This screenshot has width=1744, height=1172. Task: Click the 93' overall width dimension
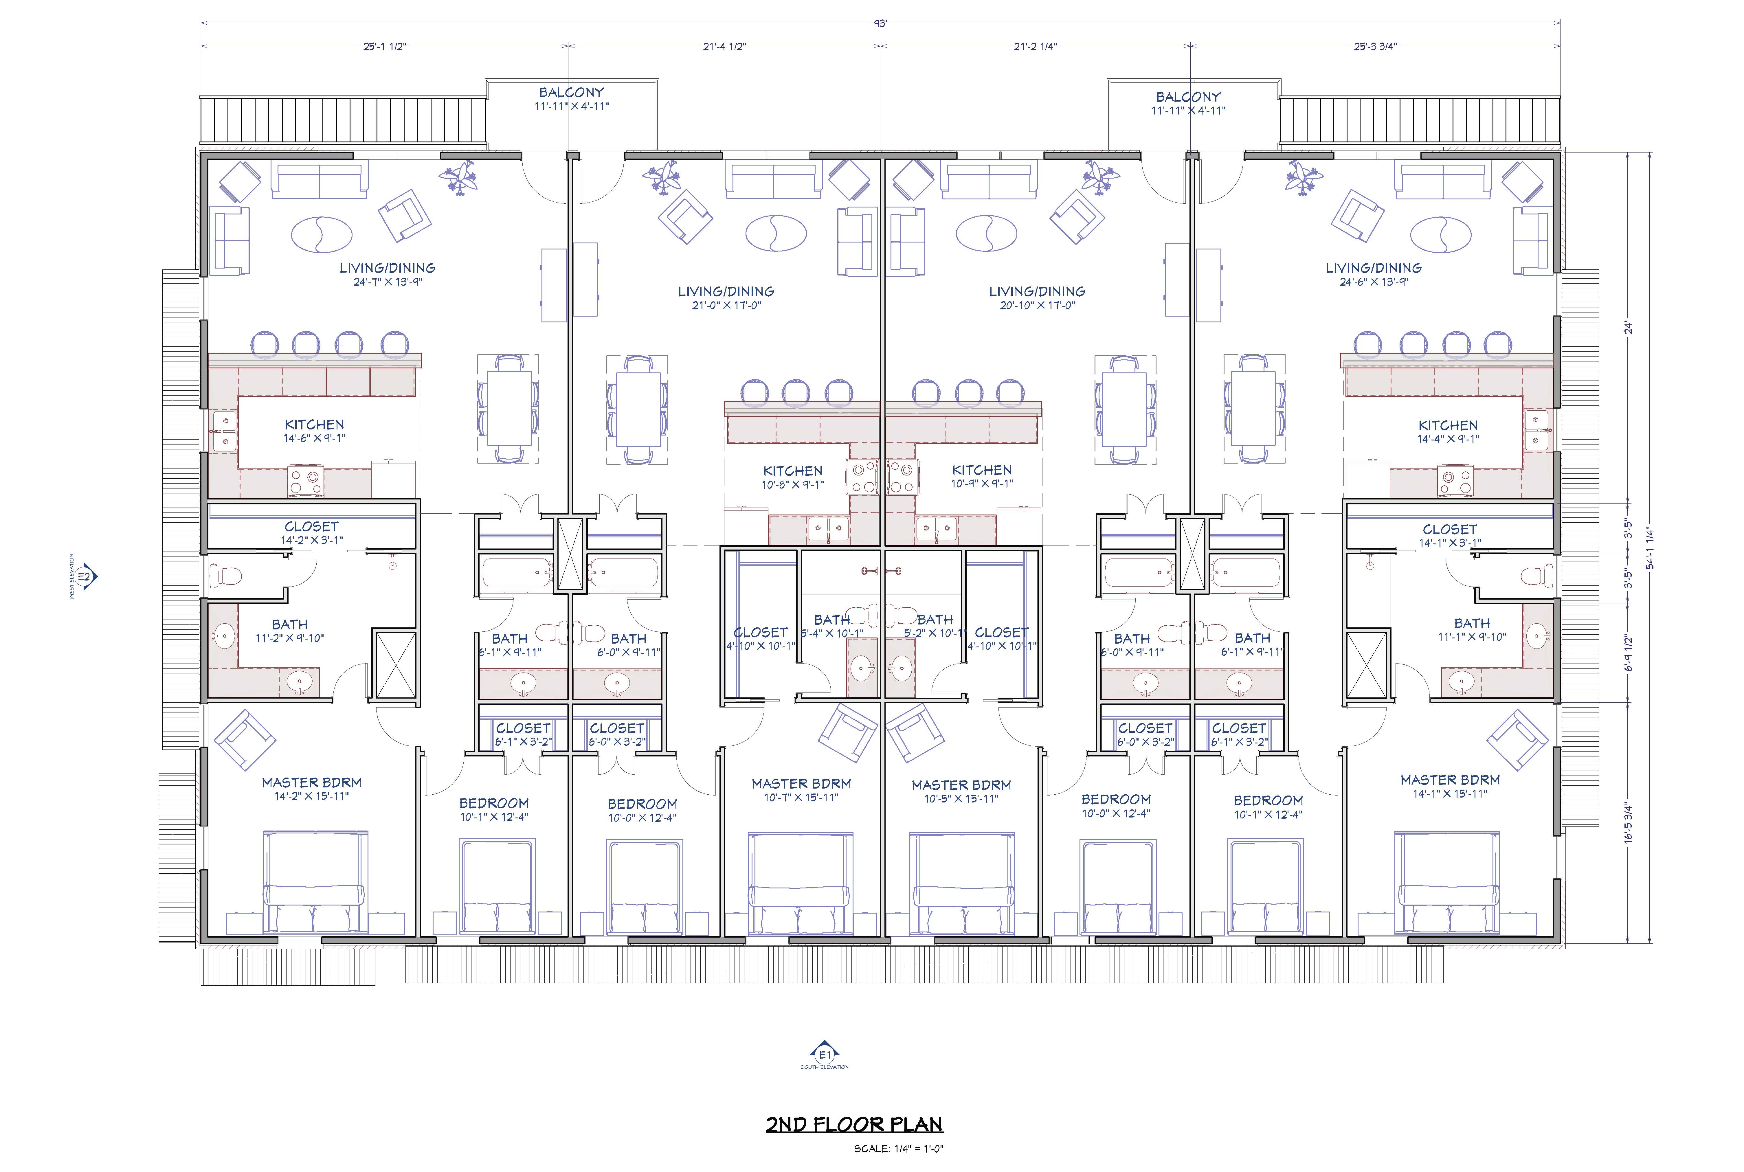tap(881, 23)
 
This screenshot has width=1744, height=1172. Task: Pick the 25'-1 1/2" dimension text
tap(384, 46)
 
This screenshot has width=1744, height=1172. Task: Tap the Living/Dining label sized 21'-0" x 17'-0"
tap(726, 297)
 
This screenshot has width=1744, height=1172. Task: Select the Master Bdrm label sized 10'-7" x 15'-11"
tap(801, 790)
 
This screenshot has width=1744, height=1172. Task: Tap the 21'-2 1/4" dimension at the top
tap(1035, 46)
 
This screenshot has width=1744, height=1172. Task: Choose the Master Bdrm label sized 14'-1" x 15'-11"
tap(1450, 786)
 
